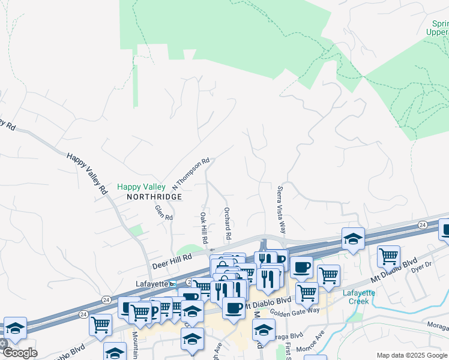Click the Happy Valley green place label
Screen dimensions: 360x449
141,187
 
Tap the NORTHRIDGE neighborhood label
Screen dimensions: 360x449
154,197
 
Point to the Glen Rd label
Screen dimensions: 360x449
164,212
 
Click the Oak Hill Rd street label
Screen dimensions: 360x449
203,227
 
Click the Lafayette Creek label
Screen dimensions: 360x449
358,296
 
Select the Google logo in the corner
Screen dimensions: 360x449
19,352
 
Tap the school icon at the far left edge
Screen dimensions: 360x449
15,328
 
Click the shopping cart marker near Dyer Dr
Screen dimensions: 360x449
388,256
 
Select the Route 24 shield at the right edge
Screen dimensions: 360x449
423,224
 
